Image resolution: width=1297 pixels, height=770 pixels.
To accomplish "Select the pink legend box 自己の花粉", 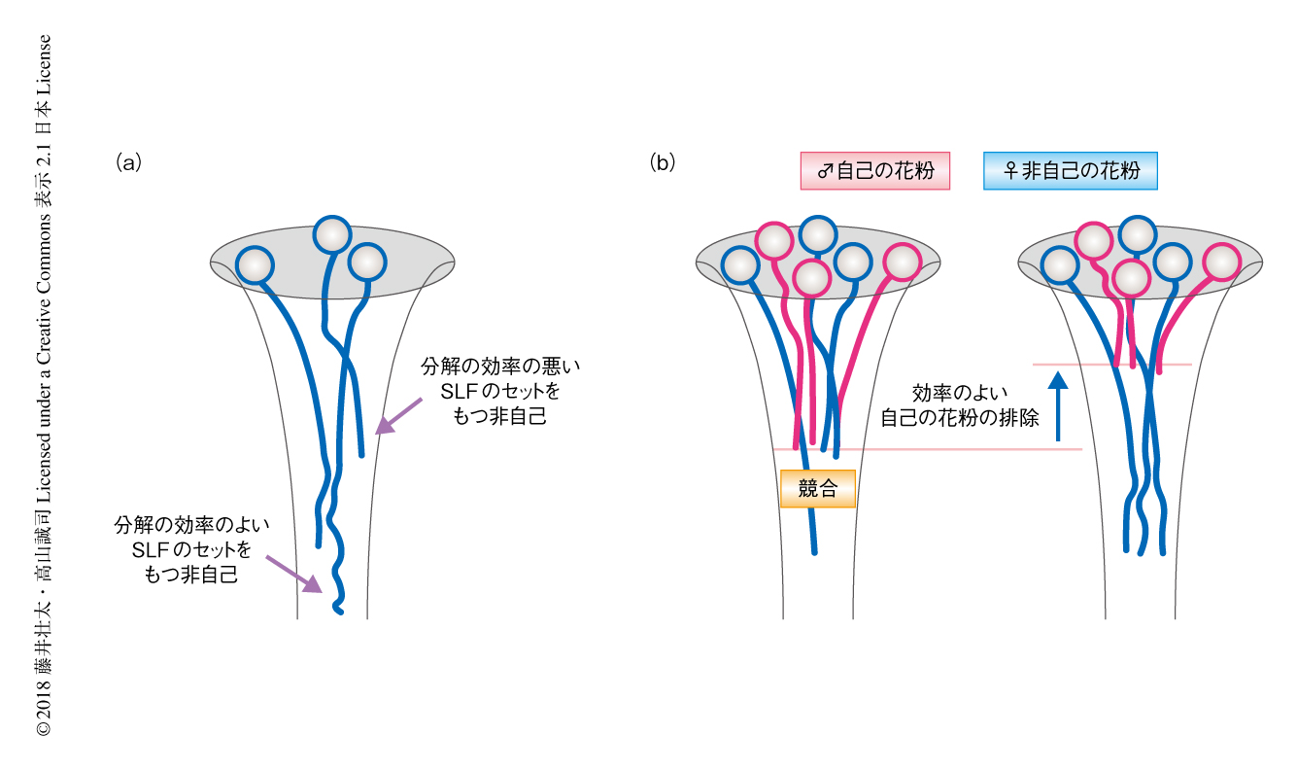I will click(x=874, y=171).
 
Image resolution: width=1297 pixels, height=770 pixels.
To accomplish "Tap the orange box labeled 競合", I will click(x=818, y=489).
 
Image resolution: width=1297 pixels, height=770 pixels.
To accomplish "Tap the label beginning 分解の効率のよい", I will click(x=190, y=549).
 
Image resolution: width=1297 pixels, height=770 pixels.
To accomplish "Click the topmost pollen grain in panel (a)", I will click(x=332, y=235).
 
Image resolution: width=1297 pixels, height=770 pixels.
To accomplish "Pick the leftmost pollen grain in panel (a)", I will click(x=254, y=264).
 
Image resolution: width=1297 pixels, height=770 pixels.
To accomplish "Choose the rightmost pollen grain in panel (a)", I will click(x=366, y=262).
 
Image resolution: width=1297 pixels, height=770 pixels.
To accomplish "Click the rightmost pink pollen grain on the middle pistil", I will click(x=903, y=262).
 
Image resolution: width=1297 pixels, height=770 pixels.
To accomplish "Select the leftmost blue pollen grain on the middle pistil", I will click(x=740, y=264).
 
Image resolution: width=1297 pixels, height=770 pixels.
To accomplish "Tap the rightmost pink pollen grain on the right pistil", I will click(x=1222, y=262).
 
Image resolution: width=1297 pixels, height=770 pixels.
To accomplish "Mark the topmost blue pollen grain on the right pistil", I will click(x=1136, y=234).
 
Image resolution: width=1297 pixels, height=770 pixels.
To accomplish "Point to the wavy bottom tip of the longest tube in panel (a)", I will click(x=338, y=608).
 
